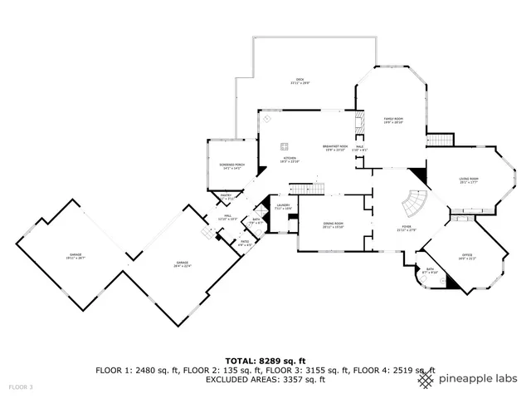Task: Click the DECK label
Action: pos(298,81)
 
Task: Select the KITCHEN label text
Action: pos(290,159)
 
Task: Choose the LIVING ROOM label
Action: pos(470,180)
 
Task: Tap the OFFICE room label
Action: pos(466,255)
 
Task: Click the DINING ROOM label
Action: pos(333,224)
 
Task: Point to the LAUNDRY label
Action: pos(283,206)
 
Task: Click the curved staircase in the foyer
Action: pos(412,203)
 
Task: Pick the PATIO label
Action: pos(245,243)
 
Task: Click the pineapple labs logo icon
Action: pos(426,379)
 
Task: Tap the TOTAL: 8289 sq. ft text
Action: pos(265,359)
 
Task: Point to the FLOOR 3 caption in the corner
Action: pos(20,387)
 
